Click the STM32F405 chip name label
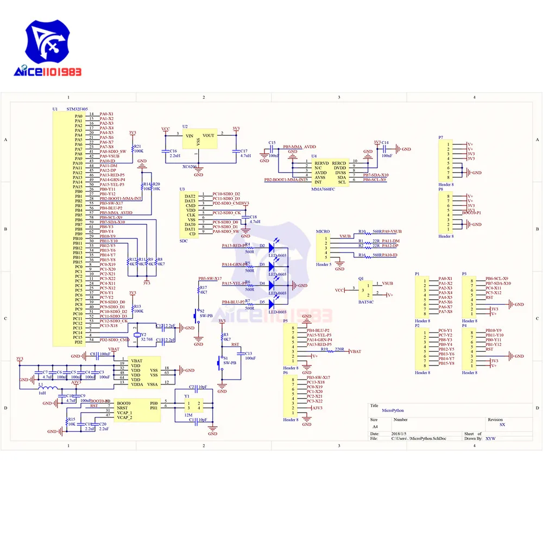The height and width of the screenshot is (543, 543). pos(79,109)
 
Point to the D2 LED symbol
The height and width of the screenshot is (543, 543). pos(271,245)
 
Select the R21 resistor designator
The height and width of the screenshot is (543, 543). pos(137,147)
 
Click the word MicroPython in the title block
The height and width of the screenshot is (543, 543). pos(393,411)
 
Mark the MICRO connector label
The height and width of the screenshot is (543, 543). pos(323,231)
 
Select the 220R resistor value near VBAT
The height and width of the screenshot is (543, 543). pos(340,349)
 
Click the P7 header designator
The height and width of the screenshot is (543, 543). pos(441,137)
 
